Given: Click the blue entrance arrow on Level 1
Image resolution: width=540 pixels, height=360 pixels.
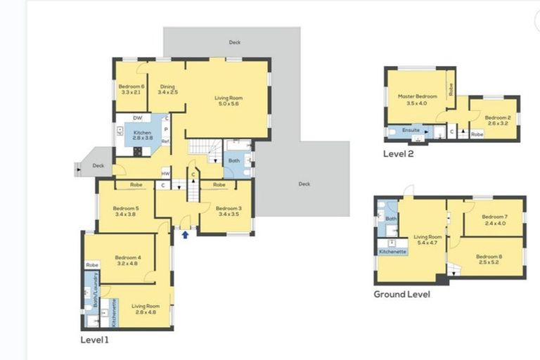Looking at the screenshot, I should [x=185, y=235].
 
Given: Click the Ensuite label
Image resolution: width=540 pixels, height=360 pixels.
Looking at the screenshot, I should [x=411, y=130].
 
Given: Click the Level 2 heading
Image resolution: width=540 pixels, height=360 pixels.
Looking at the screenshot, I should [x=398, y=153].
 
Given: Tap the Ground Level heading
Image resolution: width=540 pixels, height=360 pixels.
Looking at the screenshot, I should [x=401, y=295].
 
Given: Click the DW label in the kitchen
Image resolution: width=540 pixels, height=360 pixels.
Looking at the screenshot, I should [x=137, y=118].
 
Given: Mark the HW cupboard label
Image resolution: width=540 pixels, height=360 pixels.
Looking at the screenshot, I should [x=165, y=174].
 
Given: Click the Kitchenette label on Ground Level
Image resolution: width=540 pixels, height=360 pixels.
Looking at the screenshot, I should [x=392, y=251].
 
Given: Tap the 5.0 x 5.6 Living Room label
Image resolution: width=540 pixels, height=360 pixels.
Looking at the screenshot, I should [x=226, y=101].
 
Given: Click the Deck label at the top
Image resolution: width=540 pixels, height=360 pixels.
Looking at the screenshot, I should [x=235, y=42].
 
